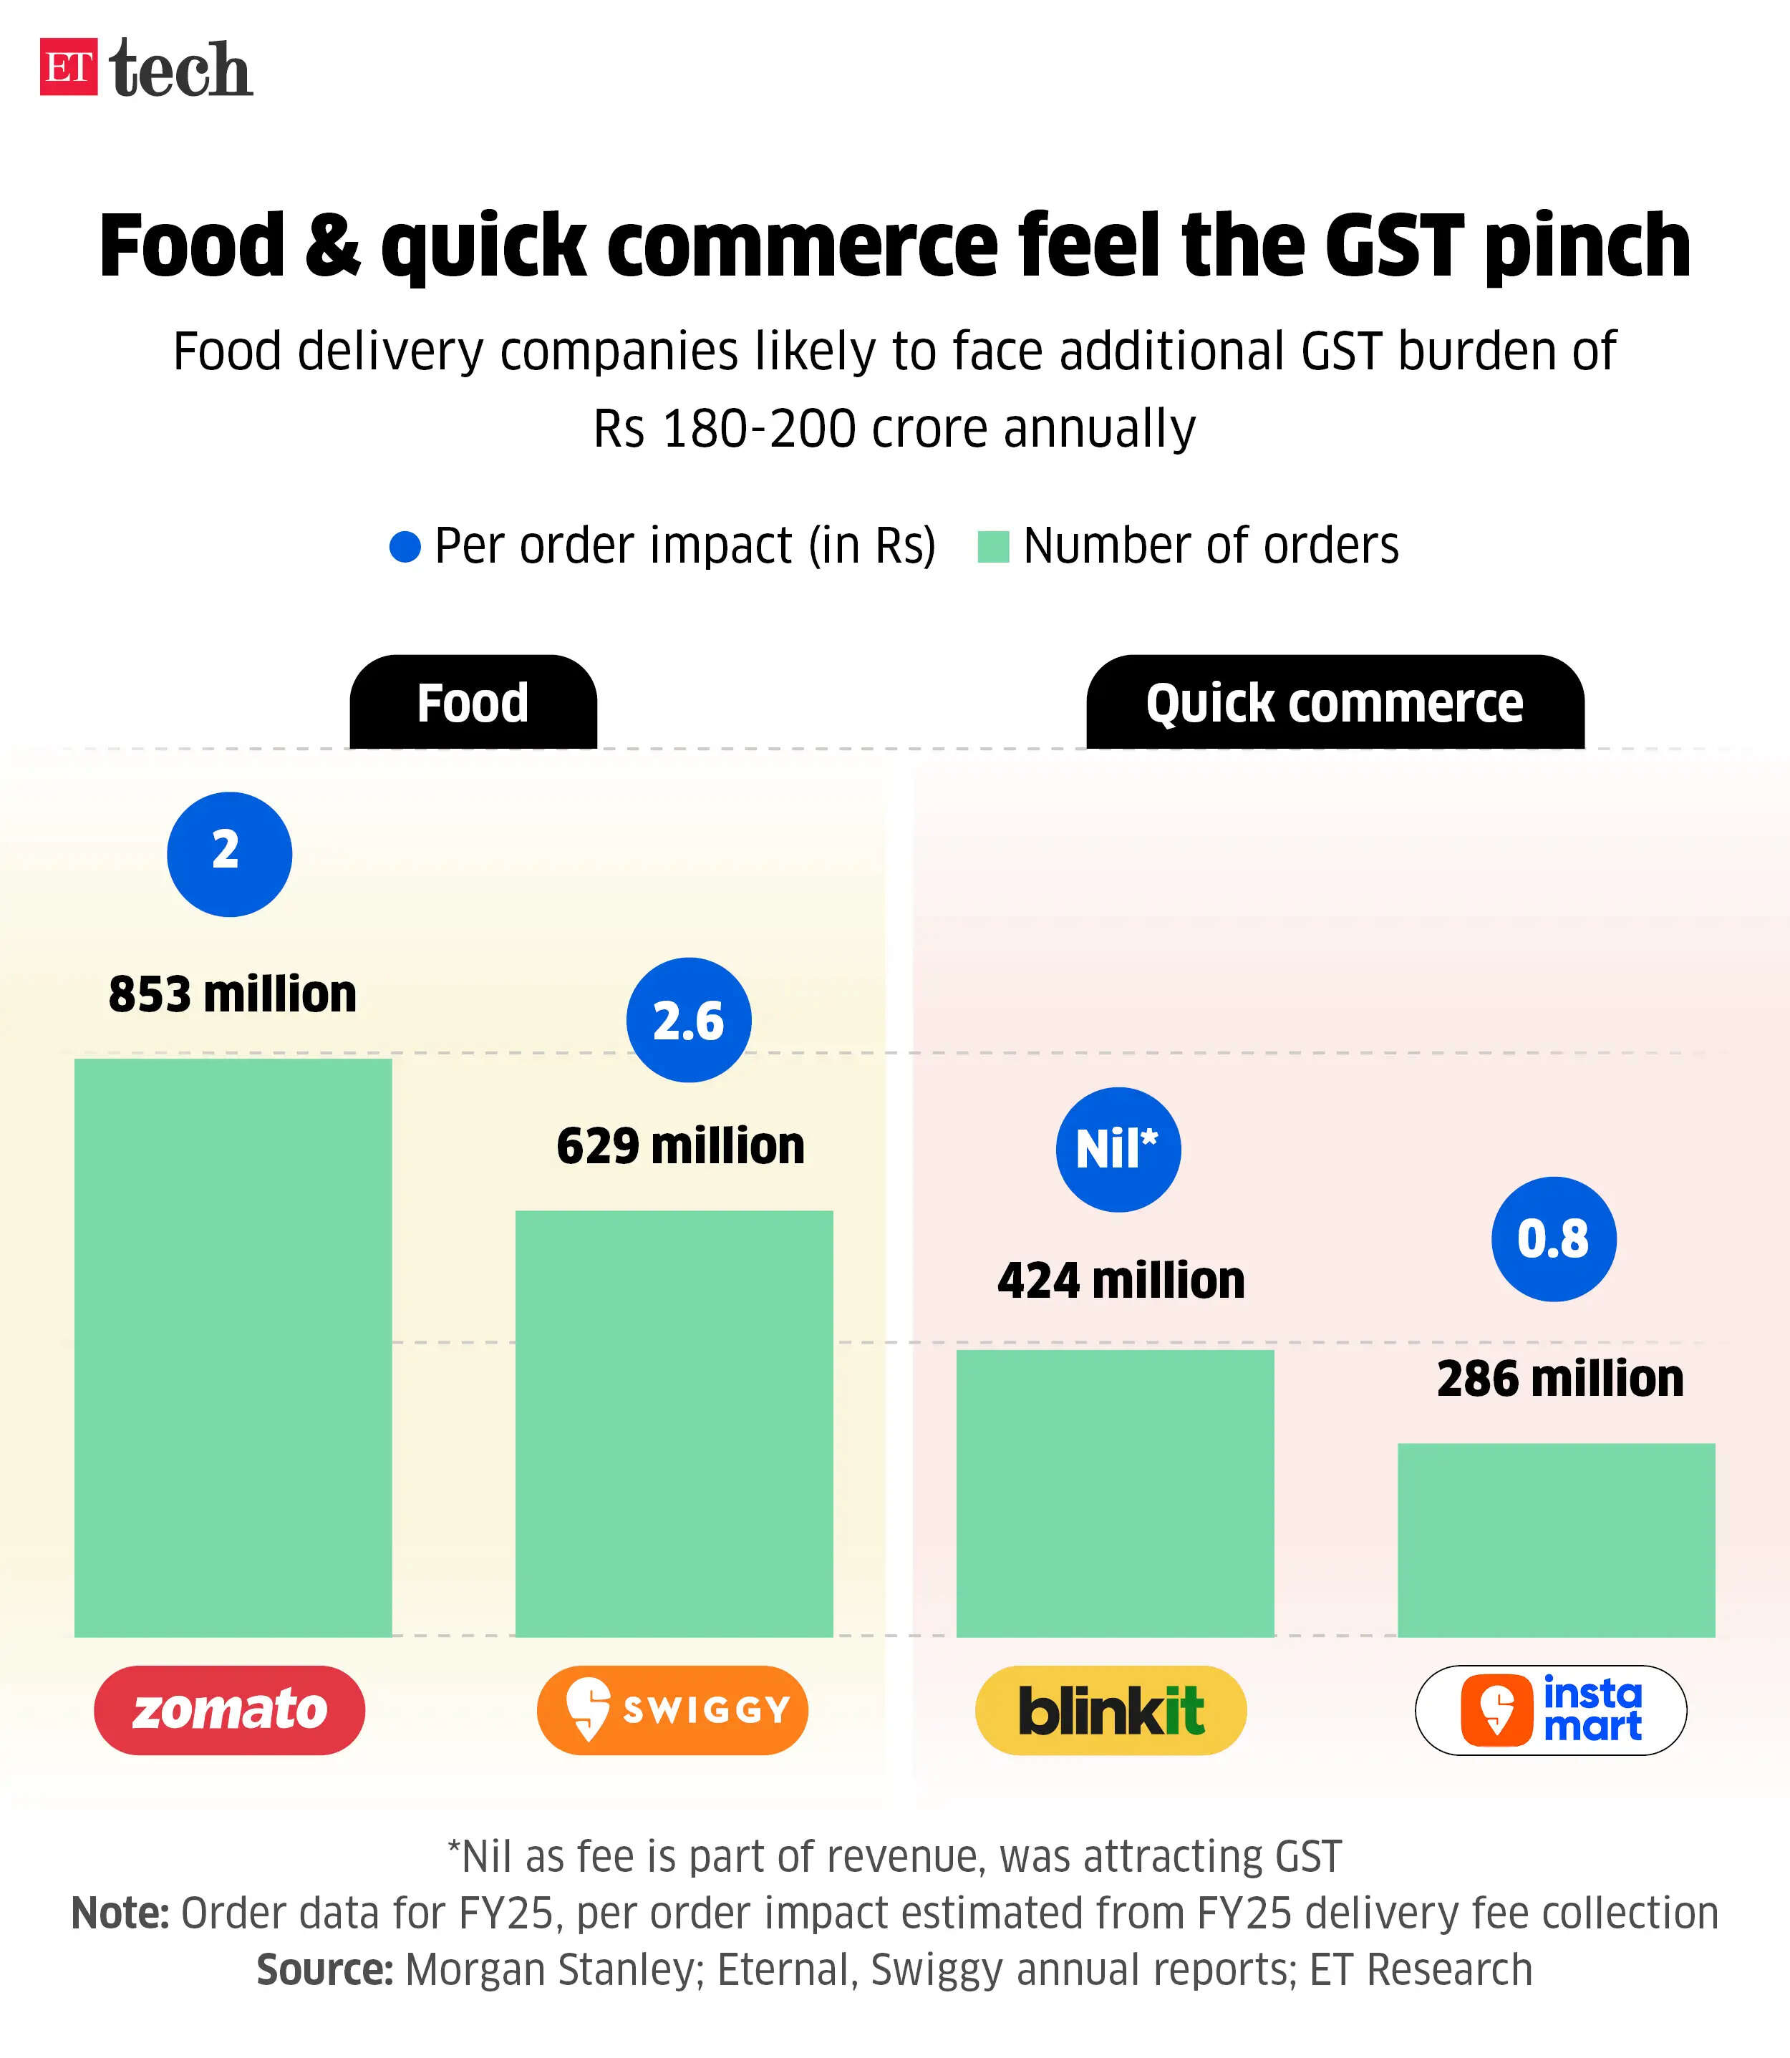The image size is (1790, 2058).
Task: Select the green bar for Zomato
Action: (x=233, y=1347)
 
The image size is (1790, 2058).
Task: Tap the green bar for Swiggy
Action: (x=674, y=1423)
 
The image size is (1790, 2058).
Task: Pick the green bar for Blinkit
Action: (x=1115, y=1492)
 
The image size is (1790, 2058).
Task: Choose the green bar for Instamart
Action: (x=1555, y=1539)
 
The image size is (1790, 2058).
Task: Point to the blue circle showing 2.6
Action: (x=688, y=1019)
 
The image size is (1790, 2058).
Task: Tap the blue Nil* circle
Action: (x=1118, y=1150)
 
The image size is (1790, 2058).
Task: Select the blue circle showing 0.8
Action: (x=1553, y=1238)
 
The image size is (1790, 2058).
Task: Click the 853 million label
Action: (x=233, y=994)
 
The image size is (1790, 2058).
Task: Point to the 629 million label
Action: (x=680, y=1145)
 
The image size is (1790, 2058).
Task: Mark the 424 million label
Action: (x=1121, y=1280)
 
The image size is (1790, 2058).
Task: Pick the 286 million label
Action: (x=1560, y=1379)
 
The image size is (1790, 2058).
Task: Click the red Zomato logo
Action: (x=230, y=1709)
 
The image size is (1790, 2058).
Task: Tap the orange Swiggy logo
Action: (x=672, y=1709)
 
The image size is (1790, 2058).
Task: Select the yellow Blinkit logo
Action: (x=1111, y=1709)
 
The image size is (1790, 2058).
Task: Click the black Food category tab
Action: (x=473, y=703)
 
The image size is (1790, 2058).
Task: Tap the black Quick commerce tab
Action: (x=1335, y=703)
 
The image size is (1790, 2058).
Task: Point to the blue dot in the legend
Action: (x=405, y=546)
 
